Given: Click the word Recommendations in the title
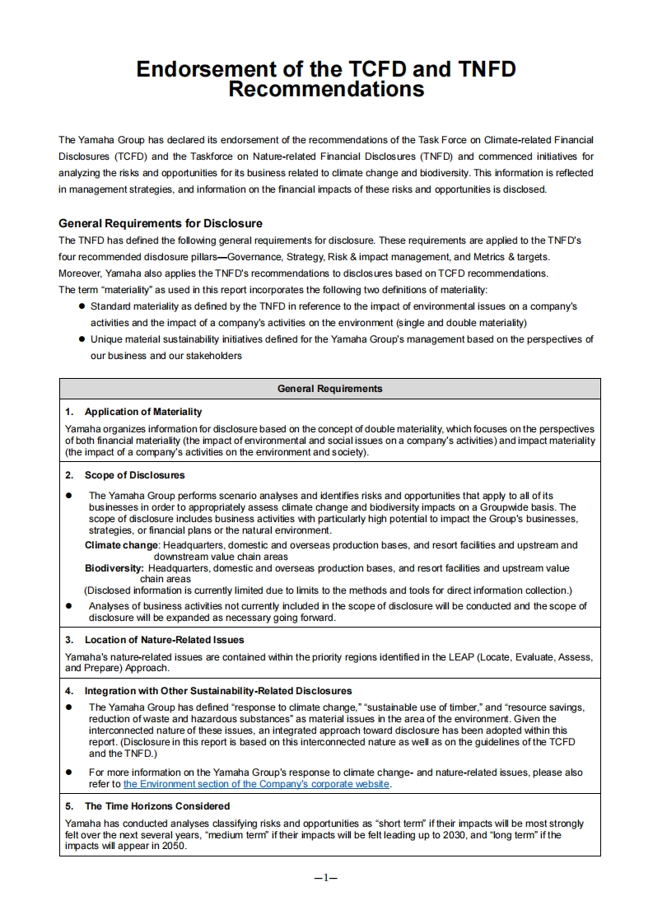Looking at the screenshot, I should point(326,89).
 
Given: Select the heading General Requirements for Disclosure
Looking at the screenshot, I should point(161,223).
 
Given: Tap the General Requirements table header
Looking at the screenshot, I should point(329,389).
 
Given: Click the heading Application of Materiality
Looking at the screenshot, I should point(142,412).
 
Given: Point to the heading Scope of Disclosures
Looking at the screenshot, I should point(134,475).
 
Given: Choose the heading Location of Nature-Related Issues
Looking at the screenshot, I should point(164,640).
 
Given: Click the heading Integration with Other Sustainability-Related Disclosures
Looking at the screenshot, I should point(218,691).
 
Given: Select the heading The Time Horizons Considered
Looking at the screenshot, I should point(157,806).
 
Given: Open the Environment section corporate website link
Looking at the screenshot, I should point(257,784).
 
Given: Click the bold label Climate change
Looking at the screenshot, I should point(122,545).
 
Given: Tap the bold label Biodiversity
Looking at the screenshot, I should point(114,568).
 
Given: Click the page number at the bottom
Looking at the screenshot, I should point(327,878).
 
